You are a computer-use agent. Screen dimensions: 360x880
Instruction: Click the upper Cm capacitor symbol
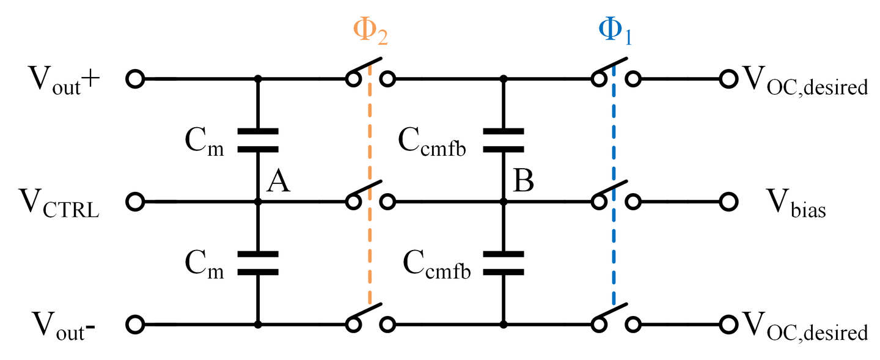[257, 140]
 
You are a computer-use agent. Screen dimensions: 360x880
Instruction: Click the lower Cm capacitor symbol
[257, 263]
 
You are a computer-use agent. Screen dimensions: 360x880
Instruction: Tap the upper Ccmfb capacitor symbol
[503, 140]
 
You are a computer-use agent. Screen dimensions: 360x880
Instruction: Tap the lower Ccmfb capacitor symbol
[503, 263]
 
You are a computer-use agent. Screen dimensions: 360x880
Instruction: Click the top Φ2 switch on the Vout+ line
[370, 72]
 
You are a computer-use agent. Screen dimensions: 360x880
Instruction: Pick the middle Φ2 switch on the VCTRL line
[370, 194]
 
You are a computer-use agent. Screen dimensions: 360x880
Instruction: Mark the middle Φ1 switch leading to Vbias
[615, 194]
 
